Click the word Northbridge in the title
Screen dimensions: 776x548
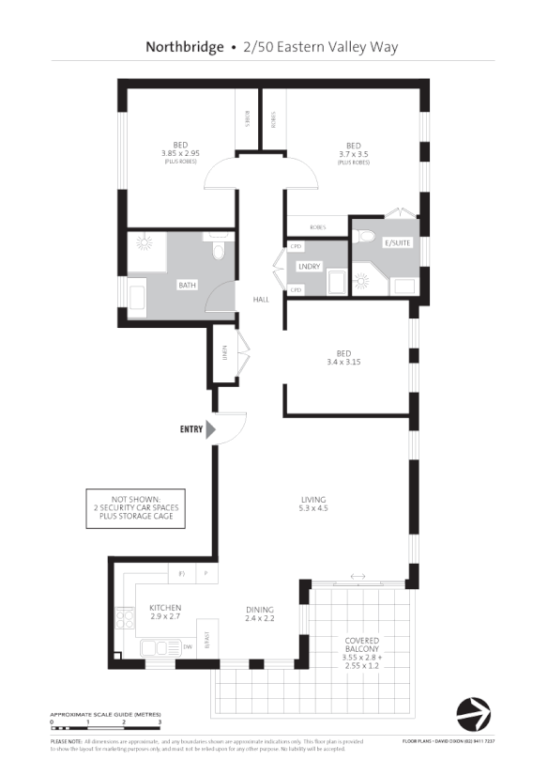(185, 46)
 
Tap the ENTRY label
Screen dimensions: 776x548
(190, 429)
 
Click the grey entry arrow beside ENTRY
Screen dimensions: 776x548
(211, 429)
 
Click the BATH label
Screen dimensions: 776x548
(187, 284)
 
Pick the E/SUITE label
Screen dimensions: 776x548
(398, 242)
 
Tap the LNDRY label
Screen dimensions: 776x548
(309, 267)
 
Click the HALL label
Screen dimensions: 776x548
(260, 300)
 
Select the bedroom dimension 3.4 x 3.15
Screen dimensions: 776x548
(343, 362)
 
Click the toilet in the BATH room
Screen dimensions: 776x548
(219, 250)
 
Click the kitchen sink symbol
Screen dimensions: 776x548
(156, 647)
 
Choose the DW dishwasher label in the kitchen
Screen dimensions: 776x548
(188, 647)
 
